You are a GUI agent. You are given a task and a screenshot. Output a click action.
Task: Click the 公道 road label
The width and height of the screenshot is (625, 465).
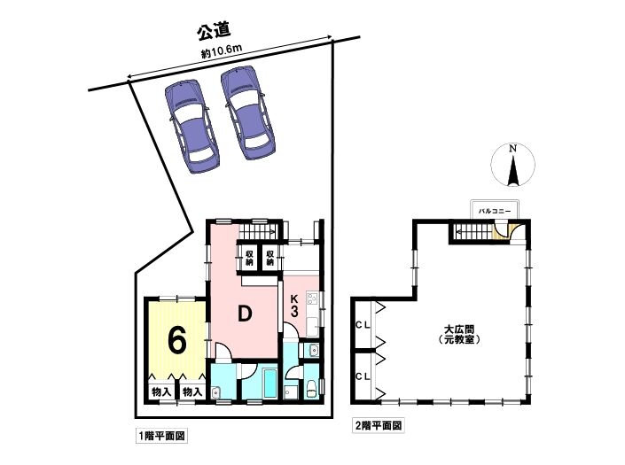point(215,31)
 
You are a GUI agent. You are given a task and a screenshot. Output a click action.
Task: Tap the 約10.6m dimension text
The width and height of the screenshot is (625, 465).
point(222,51)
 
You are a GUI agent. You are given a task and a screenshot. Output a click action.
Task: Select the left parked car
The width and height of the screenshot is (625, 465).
point(192,126)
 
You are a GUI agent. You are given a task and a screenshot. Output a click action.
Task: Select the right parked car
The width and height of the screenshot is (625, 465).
point(248,113)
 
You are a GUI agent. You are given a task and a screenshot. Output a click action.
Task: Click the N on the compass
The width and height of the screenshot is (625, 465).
point(513,149)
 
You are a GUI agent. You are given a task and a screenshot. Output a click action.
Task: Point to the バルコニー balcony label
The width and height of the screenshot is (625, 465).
point(495,212)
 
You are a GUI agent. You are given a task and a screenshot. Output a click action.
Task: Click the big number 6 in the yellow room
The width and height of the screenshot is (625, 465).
point(177,341)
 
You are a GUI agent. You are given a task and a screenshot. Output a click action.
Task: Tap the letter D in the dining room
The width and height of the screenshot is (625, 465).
point(245,314)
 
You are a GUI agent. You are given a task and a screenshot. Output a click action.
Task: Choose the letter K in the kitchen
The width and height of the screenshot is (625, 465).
point(294,298)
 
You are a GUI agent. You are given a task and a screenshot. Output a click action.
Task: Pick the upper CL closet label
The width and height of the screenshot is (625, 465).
point(363,324)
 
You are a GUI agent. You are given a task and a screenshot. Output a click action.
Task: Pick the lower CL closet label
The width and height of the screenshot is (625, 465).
point(363,376)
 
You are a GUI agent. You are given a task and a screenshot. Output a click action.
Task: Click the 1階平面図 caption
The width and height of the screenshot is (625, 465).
point(161,437)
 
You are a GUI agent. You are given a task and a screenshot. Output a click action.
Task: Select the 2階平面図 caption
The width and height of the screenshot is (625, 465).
point(378,426)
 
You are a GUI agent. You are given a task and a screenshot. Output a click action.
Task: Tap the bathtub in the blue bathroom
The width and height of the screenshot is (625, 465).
point(270,383)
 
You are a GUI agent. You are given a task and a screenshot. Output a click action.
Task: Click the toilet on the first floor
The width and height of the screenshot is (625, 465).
point(310,389)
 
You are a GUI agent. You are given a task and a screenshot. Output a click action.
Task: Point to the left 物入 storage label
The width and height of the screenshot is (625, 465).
point(161,392)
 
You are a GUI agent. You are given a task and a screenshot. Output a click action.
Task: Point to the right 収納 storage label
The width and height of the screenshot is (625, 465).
point(270,258)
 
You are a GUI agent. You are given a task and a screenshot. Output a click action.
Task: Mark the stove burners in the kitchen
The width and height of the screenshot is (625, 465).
point(311,299)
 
